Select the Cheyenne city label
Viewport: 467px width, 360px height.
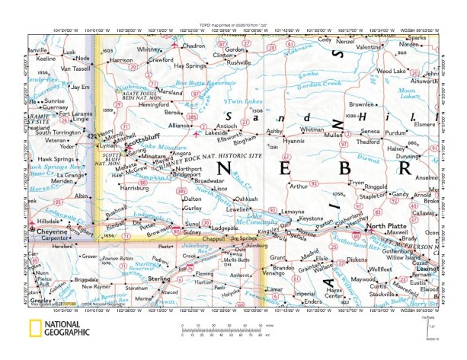coord(53,227)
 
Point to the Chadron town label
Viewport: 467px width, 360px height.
coord(194,46)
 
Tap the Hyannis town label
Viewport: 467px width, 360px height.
coord(293,141)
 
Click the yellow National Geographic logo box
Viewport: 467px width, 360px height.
coord(36,330)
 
